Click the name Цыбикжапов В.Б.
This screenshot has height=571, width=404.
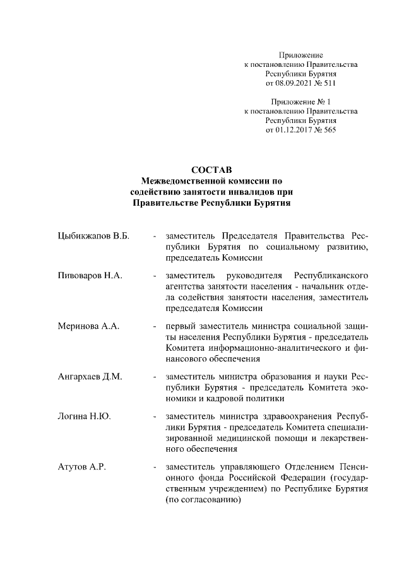[x=93, y=236]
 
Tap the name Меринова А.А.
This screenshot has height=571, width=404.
[x=88, y=326]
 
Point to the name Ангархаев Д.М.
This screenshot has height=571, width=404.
[x=90, y=377]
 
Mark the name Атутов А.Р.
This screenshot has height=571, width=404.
[x=79, y=467]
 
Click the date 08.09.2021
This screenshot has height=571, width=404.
[x=295, y=83]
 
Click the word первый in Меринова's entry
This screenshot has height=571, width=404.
[x=179, y=326]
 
